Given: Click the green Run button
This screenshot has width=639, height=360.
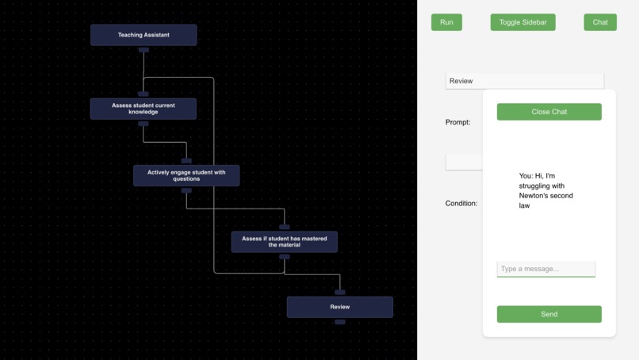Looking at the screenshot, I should click(446, 22).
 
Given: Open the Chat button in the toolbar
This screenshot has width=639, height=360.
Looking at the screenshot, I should click(600, 22).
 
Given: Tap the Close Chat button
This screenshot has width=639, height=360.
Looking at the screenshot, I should click(549, 112).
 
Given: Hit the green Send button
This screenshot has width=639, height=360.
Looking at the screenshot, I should click(549, 314).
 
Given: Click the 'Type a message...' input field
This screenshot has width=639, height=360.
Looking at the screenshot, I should click(545, 269).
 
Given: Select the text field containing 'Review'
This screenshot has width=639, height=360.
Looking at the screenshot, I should click(524, 81).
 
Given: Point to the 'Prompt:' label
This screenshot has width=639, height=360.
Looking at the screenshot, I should click(457, 122).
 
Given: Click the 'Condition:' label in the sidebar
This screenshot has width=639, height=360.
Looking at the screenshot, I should click(461, 203).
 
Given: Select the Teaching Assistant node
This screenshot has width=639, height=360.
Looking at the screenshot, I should click(143, 35).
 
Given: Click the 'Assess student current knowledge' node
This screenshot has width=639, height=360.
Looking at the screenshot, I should click(143, 109).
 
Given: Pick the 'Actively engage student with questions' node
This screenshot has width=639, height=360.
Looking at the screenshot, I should click(186, 175).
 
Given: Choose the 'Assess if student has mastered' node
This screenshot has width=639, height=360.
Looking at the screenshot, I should click(284, 242).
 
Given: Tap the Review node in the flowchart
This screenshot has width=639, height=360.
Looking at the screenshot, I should click(339, 307).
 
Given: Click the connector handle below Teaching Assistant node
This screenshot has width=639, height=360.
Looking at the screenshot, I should click(143, 50).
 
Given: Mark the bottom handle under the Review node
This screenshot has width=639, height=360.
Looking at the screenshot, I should click(339, 322).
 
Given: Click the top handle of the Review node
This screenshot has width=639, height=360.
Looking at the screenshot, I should click(339, 293).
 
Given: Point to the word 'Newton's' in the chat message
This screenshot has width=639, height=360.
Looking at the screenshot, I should click(538, 195).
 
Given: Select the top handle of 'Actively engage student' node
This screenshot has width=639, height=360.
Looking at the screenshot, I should click(186, 161).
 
